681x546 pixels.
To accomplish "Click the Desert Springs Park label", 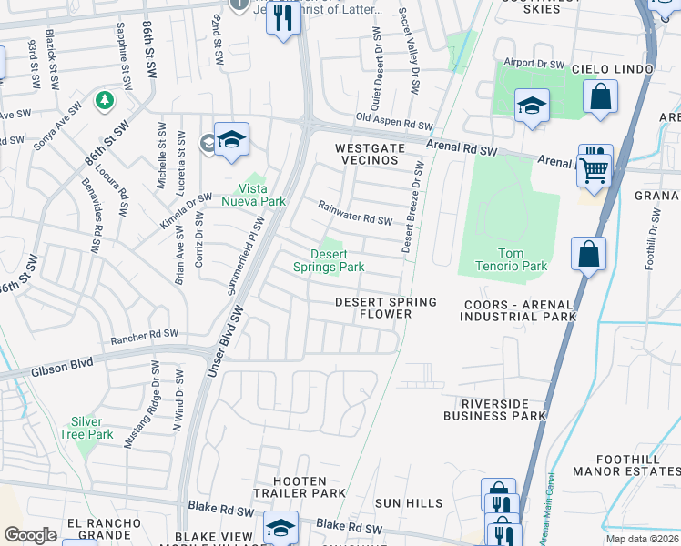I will [x=329, y=260].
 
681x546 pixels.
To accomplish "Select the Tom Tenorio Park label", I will [x=511, y=259].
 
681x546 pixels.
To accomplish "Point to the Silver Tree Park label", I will [x=93, y=428].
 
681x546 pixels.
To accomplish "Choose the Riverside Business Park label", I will [x=495, y=409].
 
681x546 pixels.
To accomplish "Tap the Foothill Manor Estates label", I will [x=626, y=465].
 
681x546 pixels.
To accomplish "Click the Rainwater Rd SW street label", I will [x=355, y=213].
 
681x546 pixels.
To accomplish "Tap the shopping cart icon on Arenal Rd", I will [x=595, y=167].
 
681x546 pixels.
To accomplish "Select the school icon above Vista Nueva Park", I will [x=232, y=139].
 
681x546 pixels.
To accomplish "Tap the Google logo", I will [x=31, y=535].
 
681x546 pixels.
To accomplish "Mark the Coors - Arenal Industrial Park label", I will [x=519, y=310].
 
